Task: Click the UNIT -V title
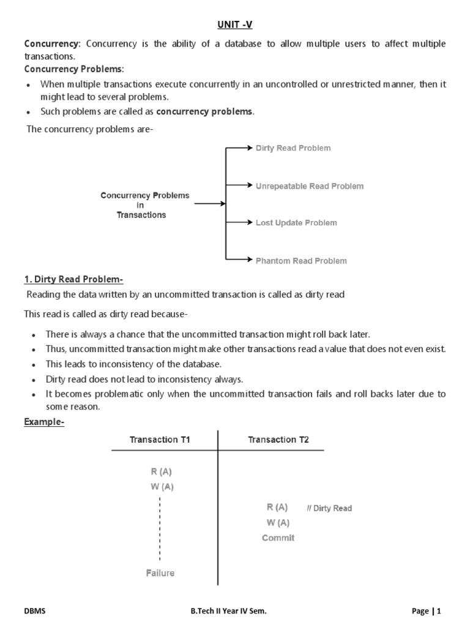pyautogui.click(x=235, y=25)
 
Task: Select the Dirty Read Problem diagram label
pyautogui.click(x=293, y=148)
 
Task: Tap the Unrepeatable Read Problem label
pyautogui.click(x=309, y=186)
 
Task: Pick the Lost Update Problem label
pyautogui.click(x=296, y=223)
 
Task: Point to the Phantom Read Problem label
pyautogui.click(x=300, y=261)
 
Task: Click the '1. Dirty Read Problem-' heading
pyautogui.click(x=73, y=280)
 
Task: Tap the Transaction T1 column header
pyautogui.click(x=159, y=440)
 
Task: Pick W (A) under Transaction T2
pyautogui.click(x=278, y=523)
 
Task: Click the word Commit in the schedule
pyautogui.click(x=278, y=538)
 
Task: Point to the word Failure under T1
pyautogui.click(x=160, y=573)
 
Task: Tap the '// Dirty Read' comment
pyautogui.click(x=329, y=508)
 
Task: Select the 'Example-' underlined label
pyautogui.click(x=44, y=422)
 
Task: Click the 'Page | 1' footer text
pyautogui.click(x=427, y=610)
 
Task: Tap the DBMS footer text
pyautogui.click(x=34, y=610)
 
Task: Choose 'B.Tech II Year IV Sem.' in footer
pyautogui.click(x=228, y=610)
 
